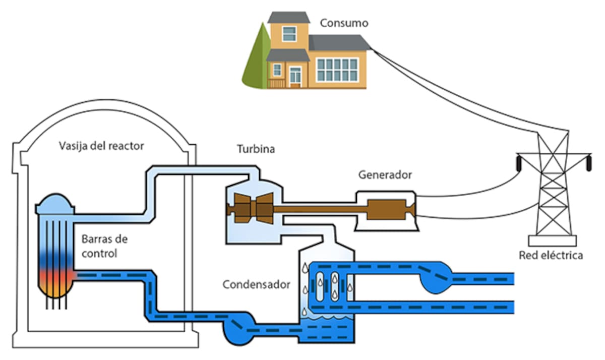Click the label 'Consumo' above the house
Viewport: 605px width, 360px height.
pos(344,23)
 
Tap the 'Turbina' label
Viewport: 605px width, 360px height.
pos(256,149)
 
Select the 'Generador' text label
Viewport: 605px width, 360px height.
pos(385,175)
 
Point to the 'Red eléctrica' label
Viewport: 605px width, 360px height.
pos(551,255)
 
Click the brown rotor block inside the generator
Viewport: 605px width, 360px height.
pos(386,209)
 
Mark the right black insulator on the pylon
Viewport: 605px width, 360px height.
pos(588,163)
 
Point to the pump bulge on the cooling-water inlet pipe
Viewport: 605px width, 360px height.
pos(437,278)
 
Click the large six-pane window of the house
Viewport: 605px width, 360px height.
pos(337,69)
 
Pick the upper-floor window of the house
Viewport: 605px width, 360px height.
pos(289,34)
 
